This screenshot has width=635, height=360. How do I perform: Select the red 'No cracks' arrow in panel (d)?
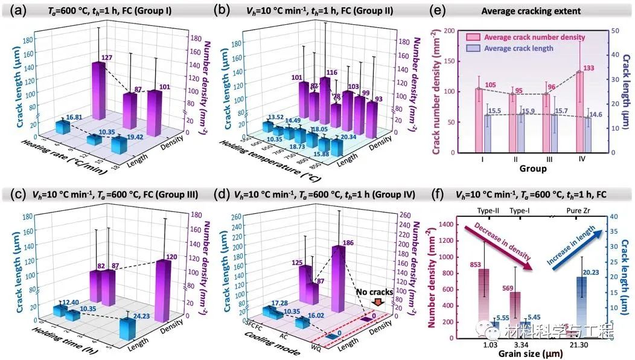pos(378,302)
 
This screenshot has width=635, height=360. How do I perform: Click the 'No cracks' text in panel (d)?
pos(375,292)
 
